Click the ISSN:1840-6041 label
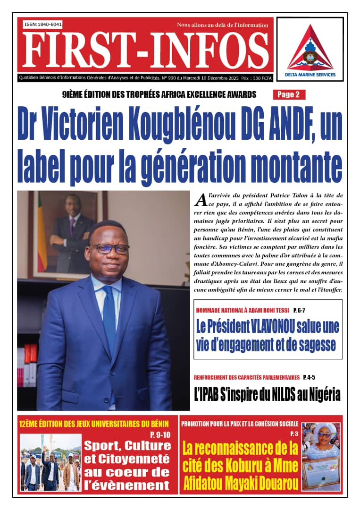click(43, 24)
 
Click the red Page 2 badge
click(288, 94)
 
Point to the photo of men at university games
click(50, 462)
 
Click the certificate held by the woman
click(323, 472)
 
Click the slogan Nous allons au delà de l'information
click(222, 24)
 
